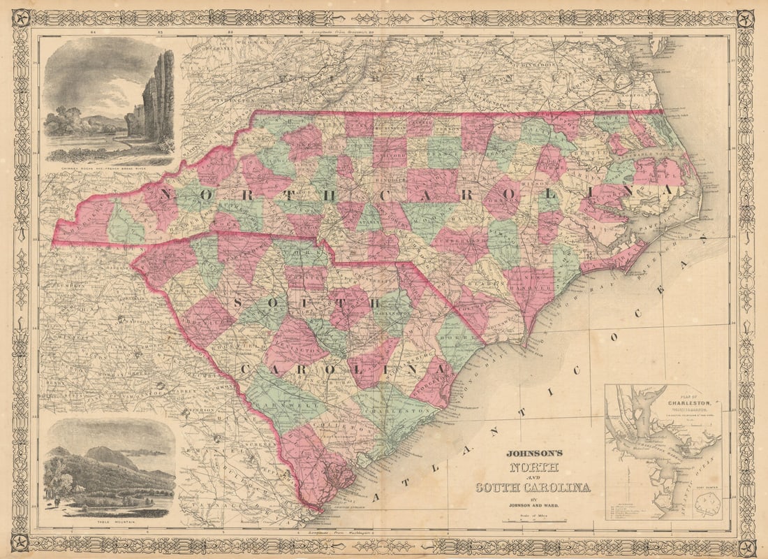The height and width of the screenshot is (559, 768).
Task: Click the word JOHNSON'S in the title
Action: (533, 453)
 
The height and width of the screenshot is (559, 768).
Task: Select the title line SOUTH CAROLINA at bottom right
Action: (533, 487)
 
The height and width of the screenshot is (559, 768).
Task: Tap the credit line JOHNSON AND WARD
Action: (533, 503)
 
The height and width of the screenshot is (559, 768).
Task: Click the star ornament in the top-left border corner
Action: (21, 17)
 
